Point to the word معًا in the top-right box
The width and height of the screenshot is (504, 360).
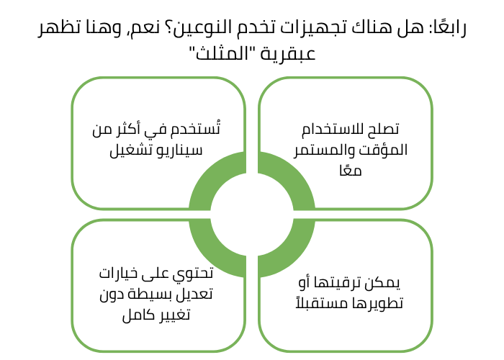pyautogui.click(x=346, y=171)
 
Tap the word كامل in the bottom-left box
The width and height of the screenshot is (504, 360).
pyautogui.click(x=125, y=315)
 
